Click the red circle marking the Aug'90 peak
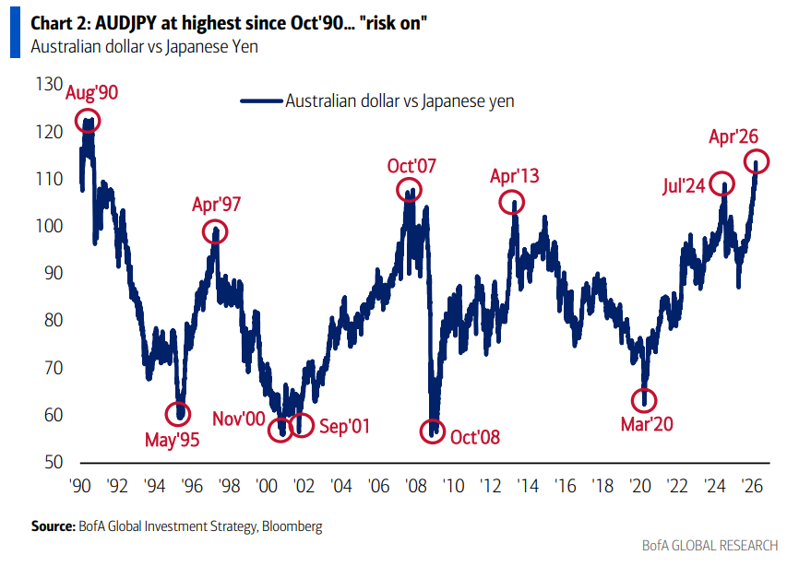pyautogui.click(x=89, y=121)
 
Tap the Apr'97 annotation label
pyautogui.click(x=216, y=205)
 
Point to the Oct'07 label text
pyautogui.click(x=411, y=167)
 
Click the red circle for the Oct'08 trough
pyautogui.click(x=432, y=431)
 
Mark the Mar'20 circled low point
pyautogui.click(x=644, y=400)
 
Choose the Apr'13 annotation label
pyautogui.click(x=515, y=176)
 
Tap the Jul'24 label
pyautogui.click(x=684, y=185)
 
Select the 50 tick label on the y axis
pyautogui.click(x=49, y=462)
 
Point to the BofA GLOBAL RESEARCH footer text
pyautogui.click(x=710, y=546)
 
